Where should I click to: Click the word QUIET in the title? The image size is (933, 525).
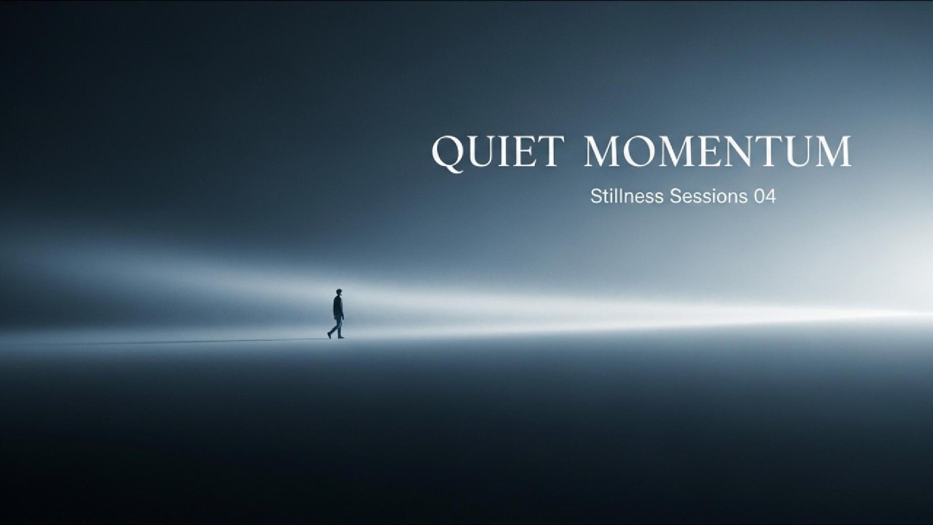click(x=498, y=152)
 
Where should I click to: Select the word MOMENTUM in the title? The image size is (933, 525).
click(x=717, y=151)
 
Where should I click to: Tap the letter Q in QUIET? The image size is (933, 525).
click(x=447, y=152)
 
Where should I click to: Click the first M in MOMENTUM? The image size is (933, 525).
click(x=604, y=151)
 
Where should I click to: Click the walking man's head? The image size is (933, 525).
click(x=338, y=292)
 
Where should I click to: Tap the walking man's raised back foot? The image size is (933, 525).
click(x=329, y=335)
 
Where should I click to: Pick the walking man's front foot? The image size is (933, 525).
click(x=341, y=337)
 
